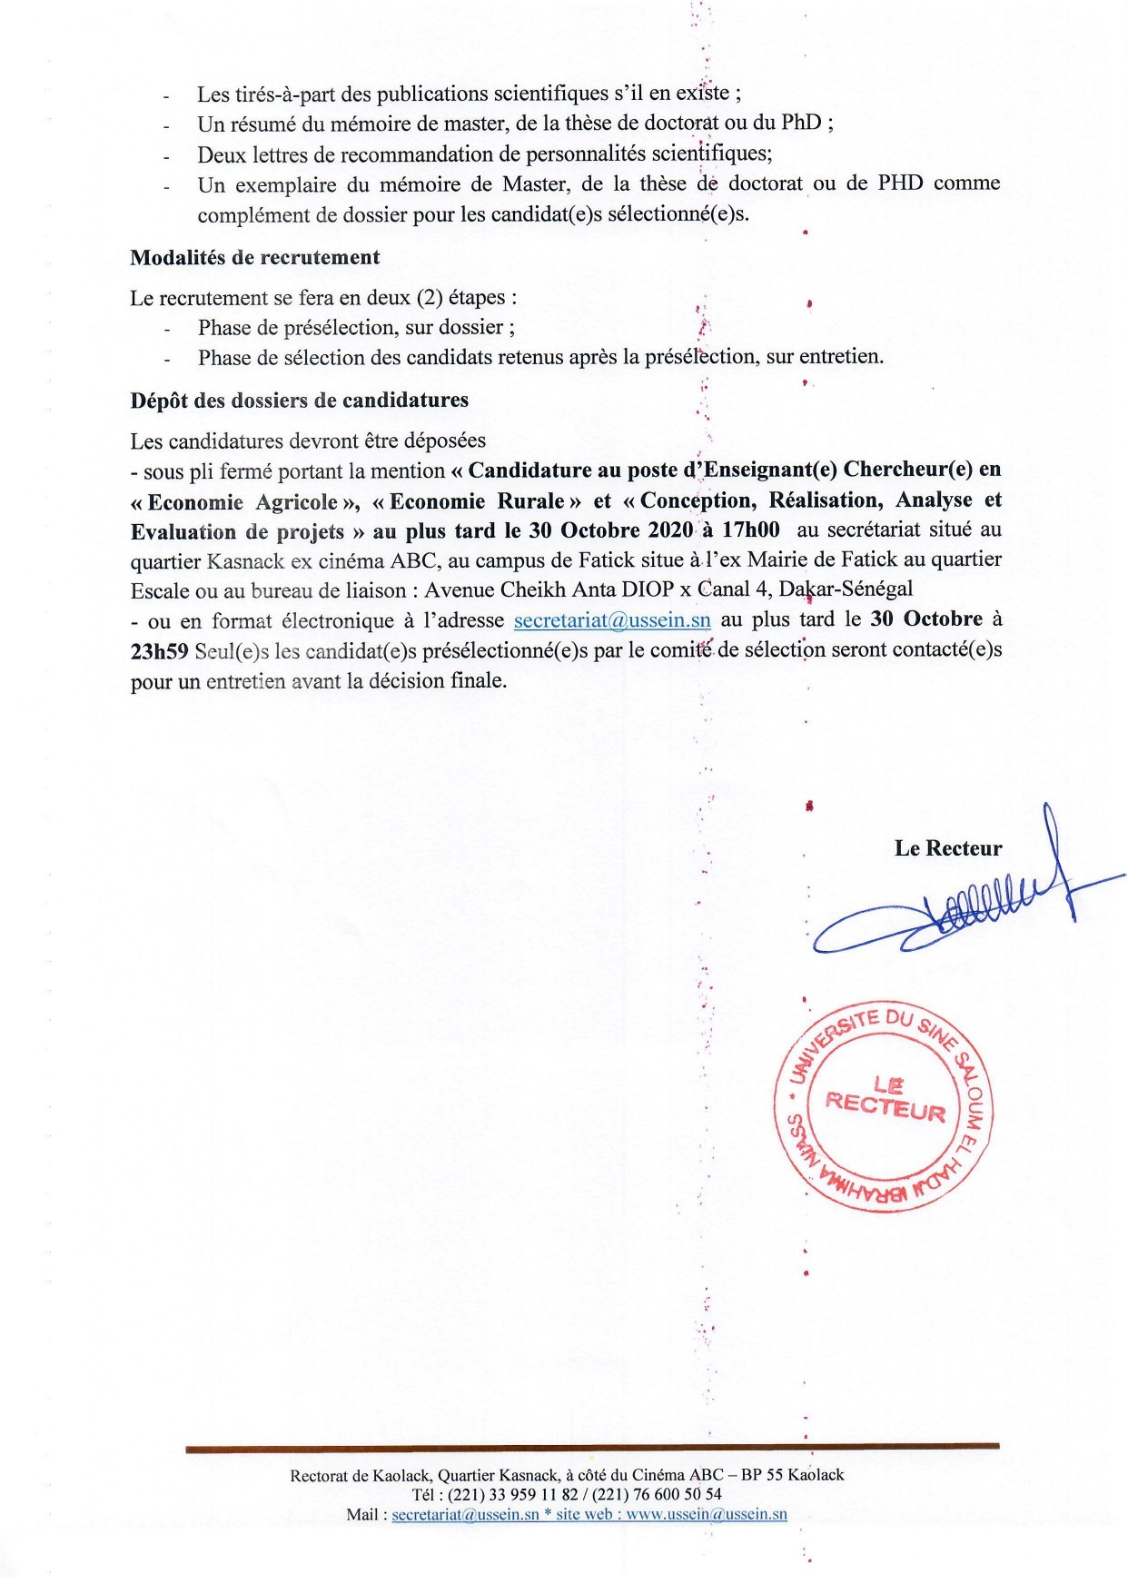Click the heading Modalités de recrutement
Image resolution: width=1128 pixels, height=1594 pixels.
coord(254,258)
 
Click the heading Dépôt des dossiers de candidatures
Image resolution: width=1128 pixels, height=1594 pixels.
coord(299,401)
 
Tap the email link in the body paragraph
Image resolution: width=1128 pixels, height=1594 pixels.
coord(612,621)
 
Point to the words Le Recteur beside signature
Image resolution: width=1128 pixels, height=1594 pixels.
coord(947,849)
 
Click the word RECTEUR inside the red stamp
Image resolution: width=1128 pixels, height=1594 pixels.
coord(886,1107)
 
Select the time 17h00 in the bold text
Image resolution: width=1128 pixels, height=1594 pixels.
coord(750,530)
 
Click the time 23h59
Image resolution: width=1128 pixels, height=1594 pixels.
coord(159,651)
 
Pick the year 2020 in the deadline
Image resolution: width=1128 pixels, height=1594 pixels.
coord(670,530)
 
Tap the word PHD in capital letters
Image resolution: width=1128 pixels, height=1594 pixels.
coord(899,183)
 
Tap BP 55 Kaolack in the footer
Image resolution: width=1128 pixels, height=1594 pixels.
coord(792,1475)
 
